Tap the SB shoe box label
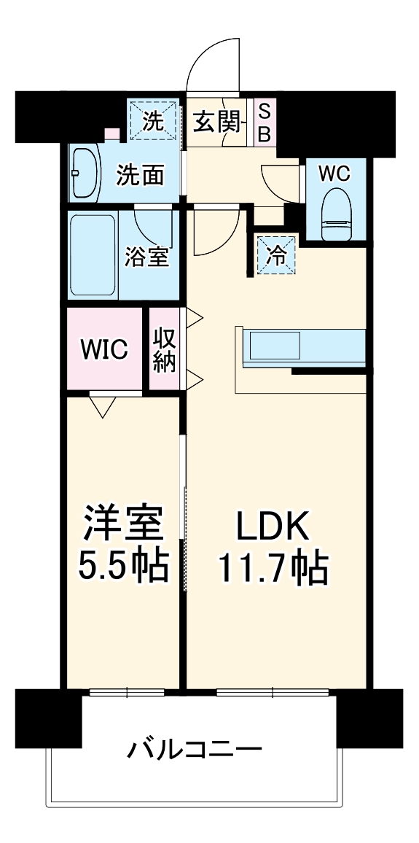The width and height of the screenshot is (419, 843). (265, 123)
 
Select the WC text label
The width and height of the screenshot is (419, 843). (334, 174)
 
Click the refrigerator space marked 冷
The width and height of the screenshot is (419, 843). (277, 255)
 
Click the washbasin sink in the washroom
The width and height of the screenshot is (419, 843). (85, 174)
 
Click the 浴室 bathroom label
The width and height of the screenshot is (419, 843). (147, 257)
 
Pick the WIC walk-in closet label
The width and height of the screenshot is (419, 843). (104, 350)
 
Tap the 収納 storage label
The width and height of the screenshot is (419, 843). (165, 351)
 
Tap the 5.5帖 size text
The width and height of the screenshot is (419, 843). (123, 565)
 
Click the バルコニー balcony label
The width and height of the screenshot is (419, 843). (195, 749)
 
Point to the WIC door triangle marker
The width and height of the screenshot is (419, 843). (102, 405)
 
